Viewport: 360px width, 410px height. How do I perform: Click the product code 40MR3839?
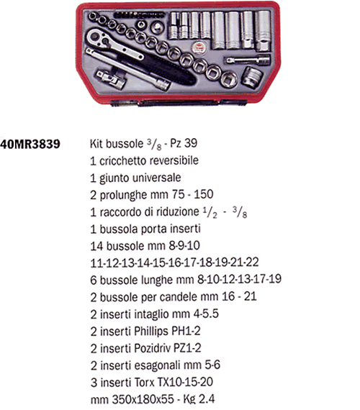30,144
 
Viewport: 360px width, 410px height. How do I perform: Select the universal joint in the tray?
111,78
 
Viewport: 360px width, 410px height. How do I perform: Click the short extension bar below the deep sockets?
248,60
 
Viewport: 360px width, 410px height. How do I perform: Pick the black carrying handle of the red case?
178,102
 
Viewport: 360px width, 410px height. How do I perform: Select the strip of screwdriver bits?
139,15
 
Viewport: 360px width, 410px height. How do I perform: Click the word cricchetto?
121,161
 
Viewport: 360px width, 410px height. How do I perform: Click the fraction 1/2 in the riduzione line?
210,212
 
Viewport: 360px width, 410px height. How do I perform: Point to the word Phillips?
151,332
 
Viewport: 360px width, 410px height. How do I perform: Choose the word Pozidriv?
153,348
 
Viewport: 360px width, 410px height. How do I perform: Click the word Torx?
144,383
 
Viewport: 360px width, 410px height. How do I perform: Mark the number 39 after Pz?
191,143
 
